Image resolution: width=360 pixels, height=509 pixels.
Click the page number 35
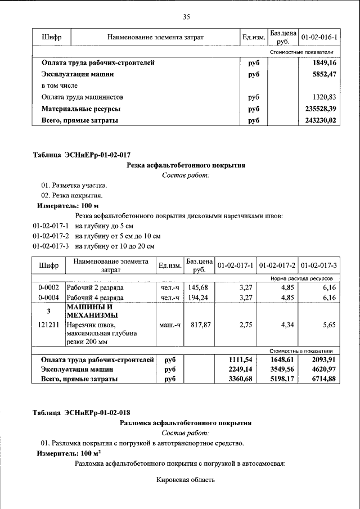[186, 16]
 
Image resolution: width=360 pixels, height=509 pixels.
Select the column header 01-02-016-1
[318, 37]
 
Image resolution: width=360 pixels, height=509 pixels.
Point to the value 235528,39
[320, 109]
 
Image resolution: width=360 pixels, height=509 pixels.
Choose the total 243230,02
[320, 120]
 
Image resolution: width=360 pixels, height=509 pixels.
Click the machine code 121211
[48, 325]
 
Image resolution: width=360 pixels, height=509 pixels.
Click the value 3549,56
[282, 369]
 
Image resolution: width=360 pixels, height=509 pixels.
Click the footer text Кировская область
[186, 480]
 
